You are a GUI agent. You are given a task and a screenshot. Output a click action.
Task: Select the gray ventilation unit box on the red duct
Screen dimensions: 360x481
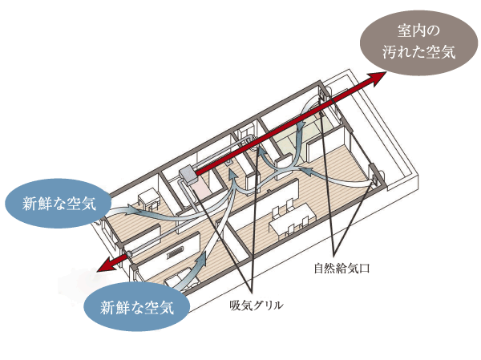coord(188,173)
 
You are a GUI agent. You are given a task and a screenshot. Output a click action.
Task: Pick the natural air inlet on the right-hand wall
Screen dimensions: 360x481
coord(374,171)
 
